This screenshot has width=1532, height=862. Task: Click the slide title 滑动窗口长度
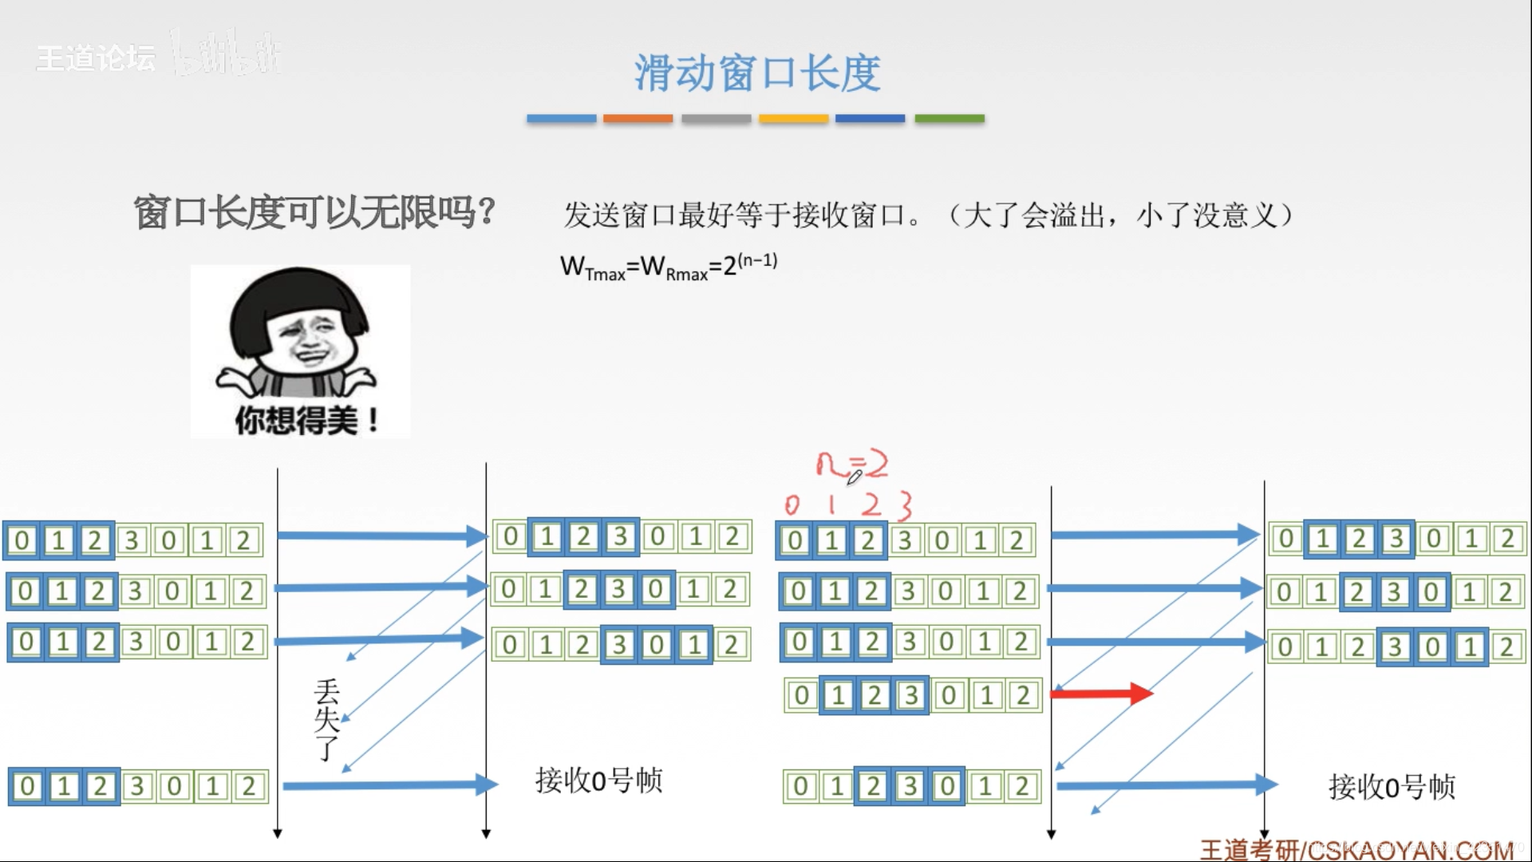(x=757, y=73)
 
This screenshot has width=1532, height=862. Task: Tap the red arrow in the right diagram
(x=1101, y=693)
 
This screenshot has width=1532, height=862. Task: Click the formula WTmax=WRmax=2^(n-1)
(x=669, y=267)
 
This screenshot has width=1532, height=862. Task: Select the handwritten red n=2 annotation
(x=851, y=465)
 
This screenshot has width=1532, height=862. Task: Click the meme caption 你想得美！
(x=306, y=420)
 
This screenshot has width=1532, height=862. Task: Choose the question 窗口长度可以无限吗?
(x=314, y=213)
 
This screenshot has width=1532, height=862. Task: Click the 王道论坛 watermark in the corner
(x=96, y=57)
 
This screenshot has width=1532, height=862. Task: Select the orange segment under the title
(x=638, y=119)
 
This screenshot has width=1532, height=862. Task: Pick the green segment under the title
(x=949, y=119)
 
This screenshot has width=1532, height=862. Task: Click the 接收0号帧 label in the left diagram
(x=598, y=780)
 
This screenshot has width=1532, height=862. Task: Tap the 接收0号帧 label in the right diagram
(x=1392, y=787)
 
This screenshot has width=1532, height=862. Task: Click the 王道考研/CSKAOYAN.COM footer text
(x=1356, y=849)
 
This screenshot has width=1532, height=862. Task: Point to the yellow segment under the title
(x=793, y=119)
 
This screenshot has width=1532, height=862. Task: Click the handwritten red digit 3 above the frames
(x=904, y=505)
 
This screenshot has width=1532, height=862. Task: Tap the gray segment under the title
(x=716, y=119)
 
